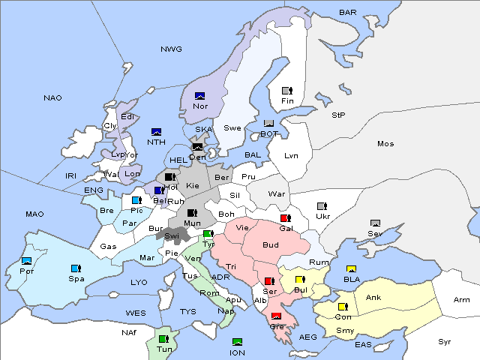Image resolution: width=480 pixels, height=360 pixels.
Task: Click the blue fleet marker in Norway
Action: click(200, 95)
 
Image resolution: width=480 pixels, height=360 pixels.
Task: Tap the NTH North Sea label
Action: click(156, 142)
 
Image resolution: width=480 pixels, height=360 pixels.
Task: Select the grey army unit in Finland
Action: click(286, 91)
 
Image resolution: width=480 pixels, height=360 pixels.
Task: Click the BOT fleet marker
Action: click(269, 123)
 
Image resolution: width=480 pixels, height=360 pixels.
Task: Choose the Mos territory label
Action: click(385, 143)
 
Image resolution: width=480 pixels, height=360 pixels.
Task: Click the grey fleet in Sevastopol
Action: click(375, 223)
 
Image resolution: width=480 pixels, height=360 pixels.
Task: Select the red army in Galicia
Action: click(285, 218)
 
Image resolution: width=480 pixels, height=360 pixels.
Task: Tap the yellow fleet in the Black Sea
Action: click(350, 269)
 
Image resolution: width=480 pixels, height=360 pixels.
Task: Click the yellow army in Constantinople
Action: click(343, 307)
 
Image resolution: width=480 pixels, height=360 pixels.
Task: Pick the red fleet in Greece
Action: click(276, 316)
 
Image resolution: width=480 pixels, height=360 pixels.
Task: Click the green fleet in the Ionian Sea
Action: click(237, 342)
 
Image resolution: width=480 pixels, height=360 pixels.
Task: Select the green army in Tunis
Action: click(163, 339)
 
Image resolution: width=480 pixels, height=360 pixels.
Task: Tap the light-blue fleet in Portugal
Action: click(27, 261)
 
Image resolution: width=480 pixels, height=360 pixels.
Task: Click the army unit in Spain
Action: click(75, 268)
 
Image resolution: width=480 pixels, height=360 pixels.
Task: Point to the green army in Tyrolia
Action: click(208, 234)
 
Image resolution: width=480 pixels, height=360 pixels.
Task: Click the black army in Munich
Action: click(192, 213)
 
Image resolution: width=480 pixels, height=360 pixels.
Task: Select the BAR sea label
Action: click(348, 12)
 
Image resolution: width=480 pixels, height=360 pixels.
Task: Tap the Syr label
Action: click(445, 341)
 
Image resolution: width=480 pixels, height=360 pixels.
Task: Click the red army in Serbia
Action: click(268, 280)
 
